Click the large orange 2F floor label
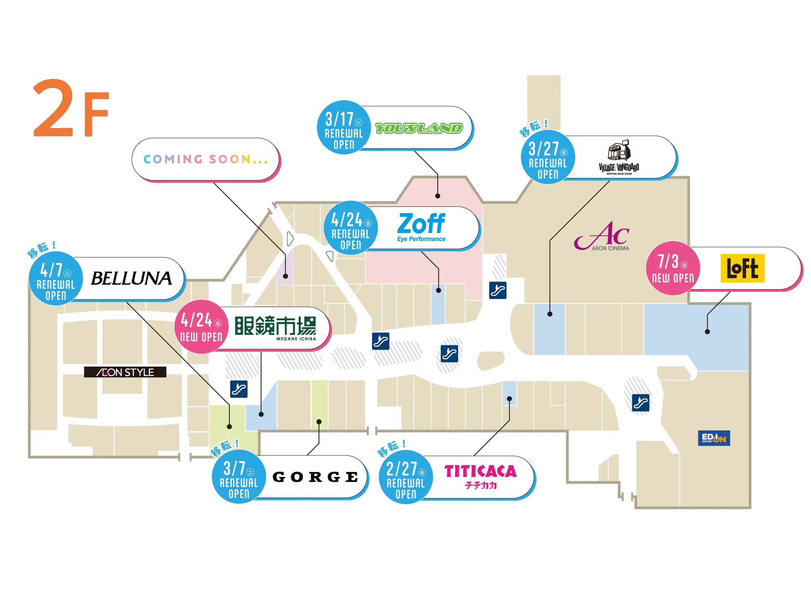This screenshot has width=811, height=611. (71, 109)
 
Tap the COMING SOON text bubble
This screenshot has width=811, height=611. (205, 159)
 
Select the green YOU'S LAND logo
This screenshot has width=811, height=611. (419, 128)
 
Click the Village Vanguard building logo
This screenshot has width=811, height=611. (619, 158)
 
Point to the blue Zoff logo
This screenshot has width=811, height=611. (421, 227)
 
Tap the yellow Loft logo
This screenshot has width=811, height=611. (743, 268)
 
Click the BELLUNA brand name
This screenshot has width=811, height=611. (131, 278)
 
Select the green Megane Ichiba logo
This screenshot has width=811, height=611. (276, 328)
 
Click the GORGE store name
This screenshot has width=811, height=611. (315, 477)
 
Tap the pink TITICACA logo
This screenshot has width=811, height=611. (480, 476)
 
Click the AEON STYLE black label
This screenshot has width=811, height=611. (125, 372)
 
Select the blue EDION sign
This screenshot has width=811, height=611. (714, 438)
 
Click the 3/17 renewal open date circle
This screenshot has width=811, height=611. (344, 128)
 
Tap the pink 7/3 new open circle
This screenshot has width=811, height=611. (673, 268)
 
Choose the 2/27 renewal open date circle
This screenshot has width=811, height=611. (406, 477)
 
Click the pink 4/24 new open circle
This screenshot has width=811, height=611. (201, 327)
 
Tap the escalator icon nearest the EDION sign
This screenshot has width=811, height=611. (641, 403)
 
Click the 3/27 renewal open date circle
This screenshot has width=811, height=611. (548, 157)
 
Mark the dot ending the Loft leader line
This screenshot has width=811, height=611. (707, 331)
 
